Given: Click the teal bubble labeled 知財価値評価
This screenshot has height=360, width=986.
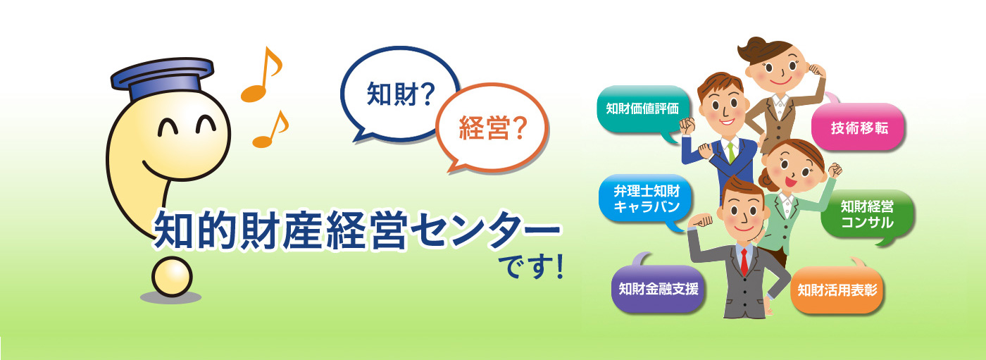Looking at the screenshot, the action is tap(642, 109).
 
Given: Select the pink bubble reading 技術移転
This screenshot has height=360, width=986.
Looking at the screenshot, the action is tap(858, 126).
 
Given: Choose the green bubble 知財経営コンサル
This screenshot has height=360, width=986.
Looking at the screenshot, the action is tap(867, 214).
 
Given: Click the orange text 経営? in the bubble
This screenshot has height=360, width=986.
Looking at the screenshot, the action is tap(492, 128).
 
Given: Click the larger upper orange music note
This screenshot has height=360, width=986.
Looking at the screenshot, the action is tap(261, 75).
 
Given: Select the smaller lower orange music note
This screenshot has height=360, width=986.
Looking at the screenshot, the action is tap(270, 130).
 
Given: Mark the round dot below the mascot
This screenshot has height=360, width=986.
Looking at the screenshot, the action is tap(172, 277).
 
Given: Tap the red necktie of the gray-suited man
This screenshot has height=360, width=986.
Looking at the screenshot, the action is tap(744, 261).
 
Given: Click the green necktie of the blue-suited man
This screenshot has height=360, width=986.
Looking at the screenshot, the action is tap(731, 152).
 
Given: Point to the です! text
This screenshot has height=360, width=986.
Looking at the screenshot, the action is tap(531, 267).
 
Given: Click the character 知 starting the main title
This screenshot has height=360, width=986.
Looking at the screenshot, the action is tap(173, 230).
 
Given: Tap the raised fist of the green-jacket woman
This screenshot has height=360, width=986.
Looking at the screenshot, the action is tap(835, 170).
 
